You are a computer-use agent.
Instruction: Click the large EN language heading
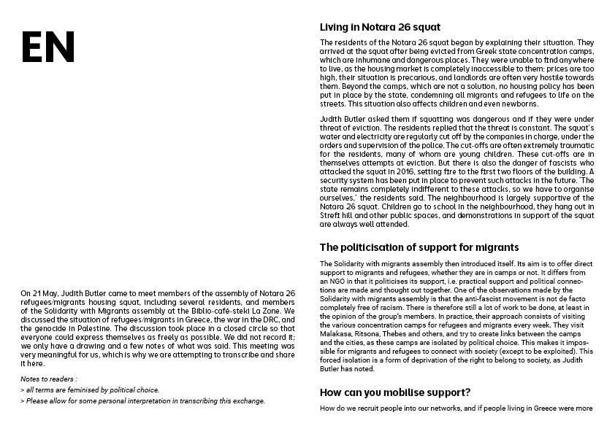[47, 47]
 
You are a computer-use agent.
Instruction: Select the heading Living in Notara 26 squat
[380, 28]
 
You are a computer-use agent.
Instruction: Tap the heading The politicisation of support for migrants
[419, 247]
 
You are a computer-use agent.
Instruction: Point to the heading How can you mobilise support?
[394, 392]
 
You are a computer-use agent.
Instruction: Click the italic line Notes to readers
[49, 381]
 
